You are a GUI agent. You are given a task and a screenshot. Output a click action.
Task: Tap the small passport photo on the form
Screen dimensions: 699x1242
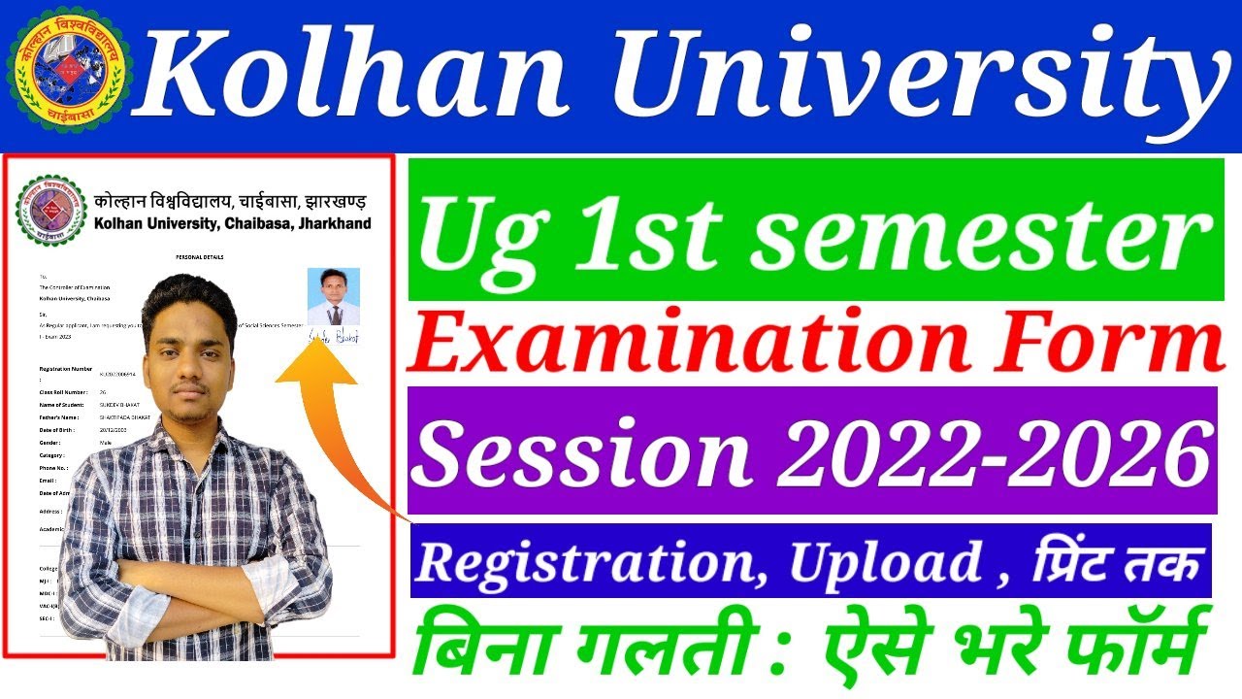click(333, 296)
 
